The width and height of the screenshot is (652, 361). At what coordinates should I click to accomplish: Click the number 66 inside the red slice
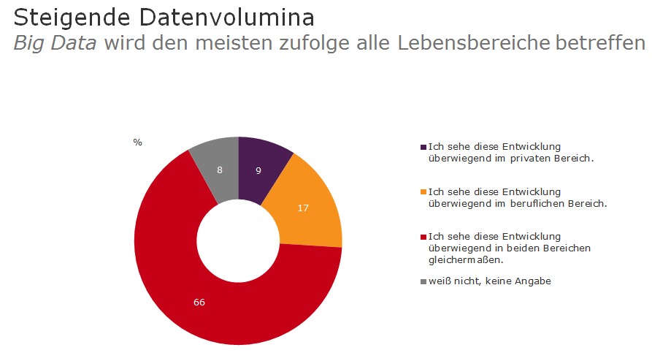tap(199, 303)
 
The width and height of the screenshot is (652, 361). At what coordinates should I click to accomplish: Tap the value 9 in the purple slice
tap(258, 170)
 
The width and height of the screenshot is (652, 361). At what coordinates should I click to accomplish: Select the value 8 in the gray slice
tap(220, 169)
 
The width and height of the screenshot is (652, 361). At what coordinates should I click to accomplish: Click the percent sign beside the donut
tap(137, 142)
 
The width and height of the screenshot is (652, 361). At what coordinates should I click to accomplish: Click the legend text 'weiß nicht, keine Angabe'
tap(490, 281)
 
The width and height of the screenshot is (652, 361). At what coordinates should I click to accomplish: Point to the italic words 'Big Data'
tap(55, 43)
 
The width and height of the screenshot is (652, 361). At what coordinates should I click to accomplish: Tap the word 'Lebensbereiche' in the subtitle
tap(474, 43)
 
